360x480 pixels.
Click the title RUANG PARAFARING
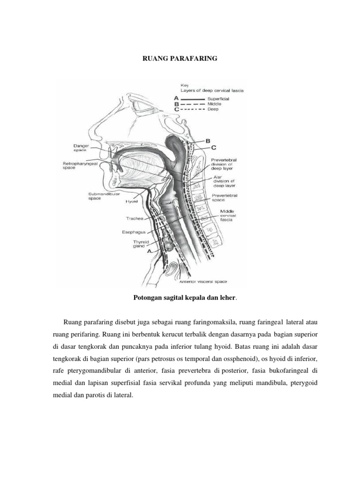pyautogui.click(x=180, y=60)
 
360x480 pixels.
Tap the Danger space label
pyautogui.click(x=81, y=149)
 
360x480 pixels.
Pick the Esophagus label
pyautogui.click(x=134, y=232)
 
